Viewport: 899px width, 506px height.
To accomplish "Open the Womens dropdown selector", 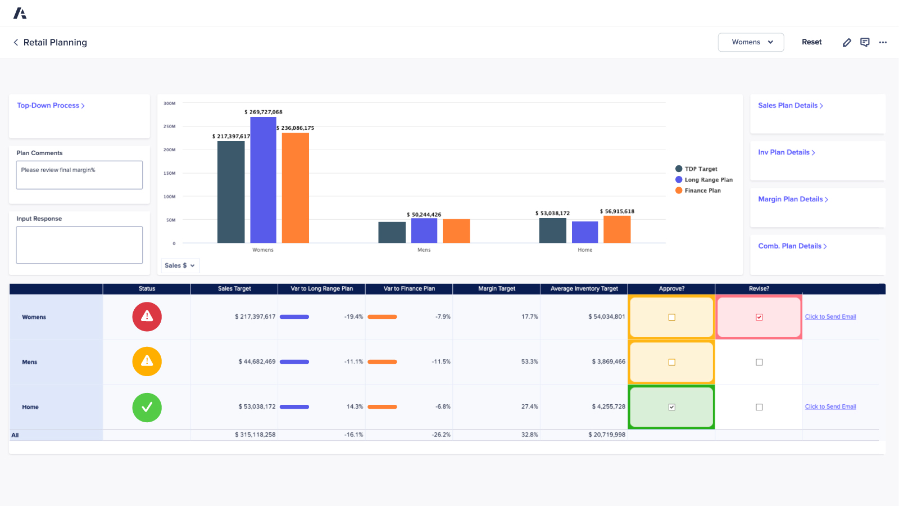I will click(x=751, y=42).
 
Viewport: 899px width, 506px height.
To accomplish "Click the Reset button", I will click(x=811, y=42).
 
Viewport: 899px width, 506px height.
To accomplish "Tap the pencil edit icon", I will click(x=847, y=43).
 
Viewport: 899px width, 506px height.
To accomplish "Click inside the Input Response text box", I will click(x=79, y=245).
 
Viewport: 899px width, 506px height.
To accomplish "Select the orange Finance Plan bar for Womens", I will click(x=296, y=188).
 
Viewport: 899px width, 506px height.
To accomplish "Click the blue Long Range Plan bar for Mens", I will click(x=424, y=231).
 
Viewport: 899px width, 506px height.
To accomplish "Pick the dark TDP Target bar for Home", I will click(x=552, y=231).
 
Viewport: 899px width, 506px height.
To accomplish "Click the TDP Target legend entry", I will click(x=700, y=169).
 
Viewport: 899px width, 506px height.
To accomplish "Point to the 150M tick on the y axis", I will click(x=170, y=173).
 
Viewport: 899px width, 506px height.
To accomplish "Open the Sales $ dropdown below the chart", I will click(x=180, y=265).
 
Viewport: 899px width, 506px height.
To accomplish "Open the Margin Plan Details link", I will click(x=792, y=199).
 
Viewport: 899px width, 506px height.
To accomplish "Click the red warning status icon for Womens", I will click(x=147, y=317).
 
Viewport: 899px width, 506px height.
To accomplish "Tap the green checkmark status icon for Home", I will click(x=147, y=407).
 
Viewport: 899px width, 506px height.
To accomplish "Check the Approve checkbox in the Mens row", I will click(x=671, y=362).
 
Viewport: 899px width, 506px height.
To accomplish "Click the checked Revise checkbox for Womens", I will click(x=759, y=317).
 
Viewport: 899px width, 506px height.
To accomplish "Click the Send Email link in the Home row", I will click(x=830, y=406).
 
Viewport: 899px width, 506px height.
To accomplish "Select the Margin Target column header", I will click(x=497, y=288).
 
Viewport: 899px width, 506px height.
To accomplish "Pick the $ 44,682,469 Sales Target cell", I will click(x=257, y=362).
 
